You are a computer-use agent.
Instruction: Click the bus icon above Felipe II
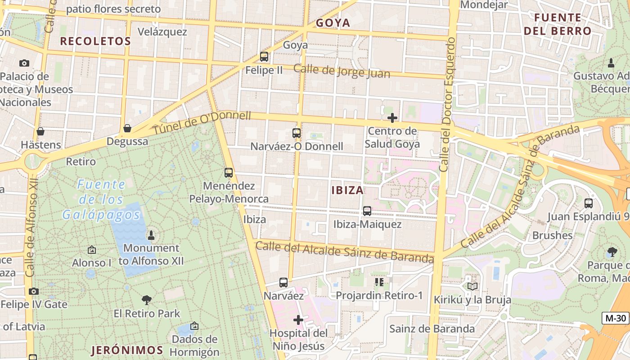point(264,57)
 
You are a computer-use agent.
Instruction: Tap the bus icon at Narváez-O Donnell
point(296,133)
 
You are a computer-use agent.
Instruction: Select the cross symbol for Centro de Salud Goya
point(392,118)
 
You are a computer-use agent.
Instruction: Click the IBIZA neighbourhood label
point(347,190)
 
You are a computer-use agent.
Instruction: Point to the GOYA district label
point(333,23)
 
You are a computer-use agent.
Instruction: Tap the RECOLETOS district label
point(95,41)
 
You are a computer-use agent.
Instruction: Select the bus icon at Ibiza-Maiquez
point(367,211)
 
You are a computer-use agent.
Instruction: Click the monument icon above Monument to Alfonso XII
point(151,235)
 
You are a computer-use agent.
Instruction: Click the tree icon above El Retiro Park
point(146,300)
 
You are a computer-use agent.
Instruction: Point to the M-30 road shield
point(616,318)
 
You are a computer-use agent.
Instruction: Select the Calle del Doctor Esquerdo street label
point(447,104)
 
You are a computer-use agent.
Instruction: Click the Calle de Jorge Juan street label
point(342,71)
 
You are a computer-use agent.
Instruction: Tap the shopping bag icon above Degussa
point(127,128)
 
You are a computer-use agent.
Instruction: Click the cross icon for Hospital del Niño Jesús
point(298,320)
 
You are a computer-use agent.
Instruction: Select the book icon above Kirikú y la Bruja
point(472,286)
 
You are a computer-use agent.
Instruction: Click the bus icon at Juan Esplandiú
point(589,203)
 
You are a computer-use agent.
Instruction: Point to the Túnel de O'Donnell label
point(202,122)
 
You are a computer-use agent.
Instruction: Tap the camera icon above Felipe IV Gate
point(34,291)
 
